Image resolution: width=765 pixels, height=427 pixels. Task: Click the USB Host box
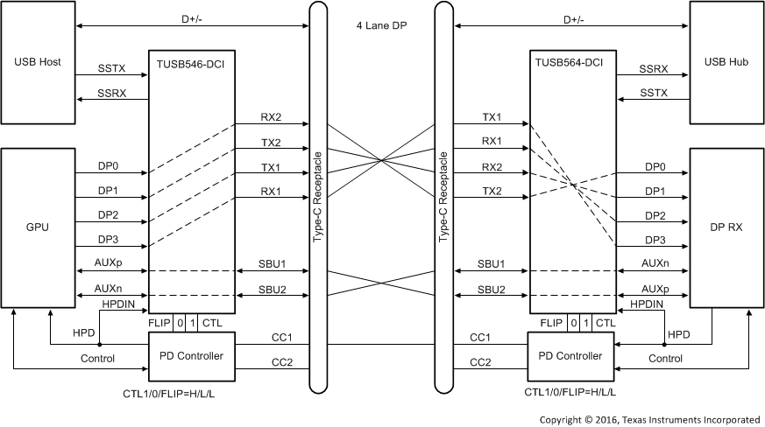pos(38,63)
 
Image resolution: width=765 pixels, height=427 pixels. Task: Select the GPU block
pos(38,227)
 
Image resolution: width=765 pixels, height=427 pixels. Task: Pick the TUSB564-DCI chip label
pos(570,62)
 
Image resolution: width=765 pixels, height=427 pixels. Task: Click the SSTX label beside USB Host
pos(112,67)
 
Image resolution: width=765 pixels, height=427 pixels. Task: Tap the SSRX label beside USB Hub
pos(654,67)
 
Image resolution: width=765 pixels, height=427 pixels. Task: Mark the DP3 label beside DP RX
pos(655,239)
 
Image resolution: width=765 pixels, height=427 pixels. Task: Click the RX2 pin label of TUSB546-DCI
pos(271,116)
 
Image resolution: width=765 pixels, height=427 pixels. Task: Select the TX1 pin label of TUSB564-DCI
pos(492,116)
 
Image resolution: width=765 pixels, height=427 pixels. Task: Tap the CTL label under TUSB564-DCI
pos(605,323)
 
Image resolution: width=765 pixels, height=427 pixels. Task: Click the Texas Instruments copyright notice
pos(649,418)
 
